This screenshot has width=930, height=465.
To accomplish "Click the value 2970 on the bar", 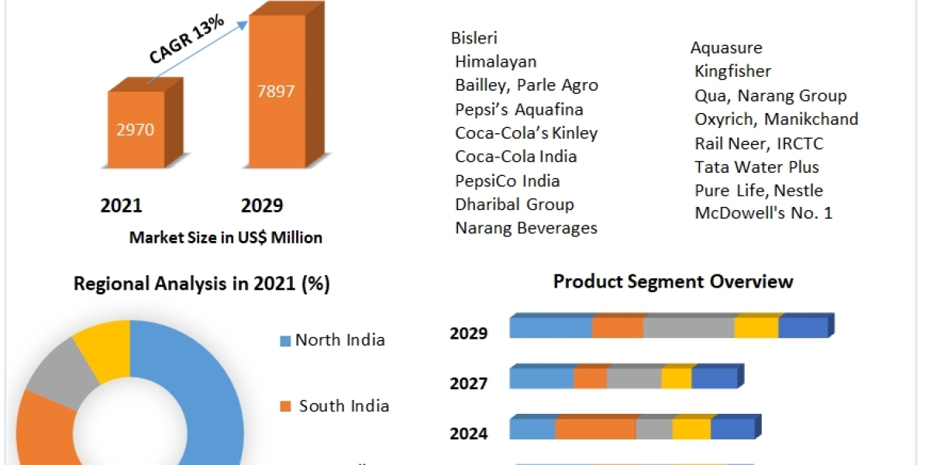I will (135, 130).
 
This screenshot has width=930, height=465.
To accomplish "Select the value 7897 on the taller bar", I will (276, 91).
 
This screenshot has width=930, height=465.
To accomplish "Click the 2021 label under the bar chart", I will (122, 205).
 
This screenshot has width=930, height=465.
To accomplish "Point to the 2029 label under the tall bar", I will (262, 205).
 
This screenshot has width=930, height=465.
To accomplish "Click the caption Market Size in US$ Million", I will (226, 238).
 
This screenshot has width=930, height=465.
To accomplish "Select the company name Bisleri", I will (474, 38).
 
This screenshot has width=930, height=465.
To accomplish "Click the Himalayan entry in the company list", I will (495, 61).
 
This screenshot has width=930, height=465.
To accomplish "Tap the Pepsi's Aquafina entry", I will (518, 109).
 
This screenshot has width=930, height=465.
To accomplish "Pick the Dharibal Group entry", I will (514, 205).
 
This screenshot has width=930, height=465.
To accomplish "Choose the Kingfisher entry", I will (732, 71).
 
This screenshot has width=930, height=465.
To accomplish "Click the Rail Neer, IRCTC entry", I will (748, 143).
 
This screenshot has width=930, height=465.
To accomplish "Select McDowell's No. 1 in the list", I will (763, 213).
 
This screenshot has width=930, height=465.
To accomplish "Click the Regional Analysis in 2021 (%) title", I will (201, 284).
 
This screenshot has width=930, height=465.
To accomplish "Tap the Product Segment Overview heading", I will (673, 281).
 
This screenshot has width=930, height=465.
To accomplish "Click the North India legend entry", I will (339, 340).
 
